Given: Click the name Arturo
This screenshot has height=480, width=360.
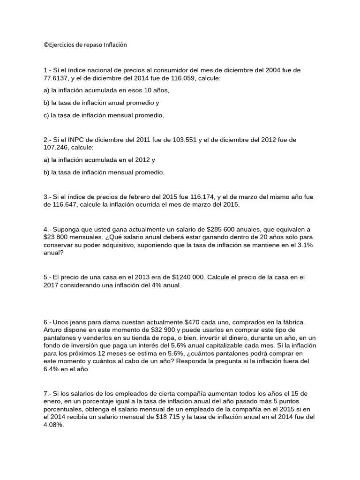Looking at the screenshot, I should [53, 330].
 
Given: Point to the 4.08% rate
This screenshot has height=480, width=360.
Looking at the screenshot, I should [53, 425].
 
